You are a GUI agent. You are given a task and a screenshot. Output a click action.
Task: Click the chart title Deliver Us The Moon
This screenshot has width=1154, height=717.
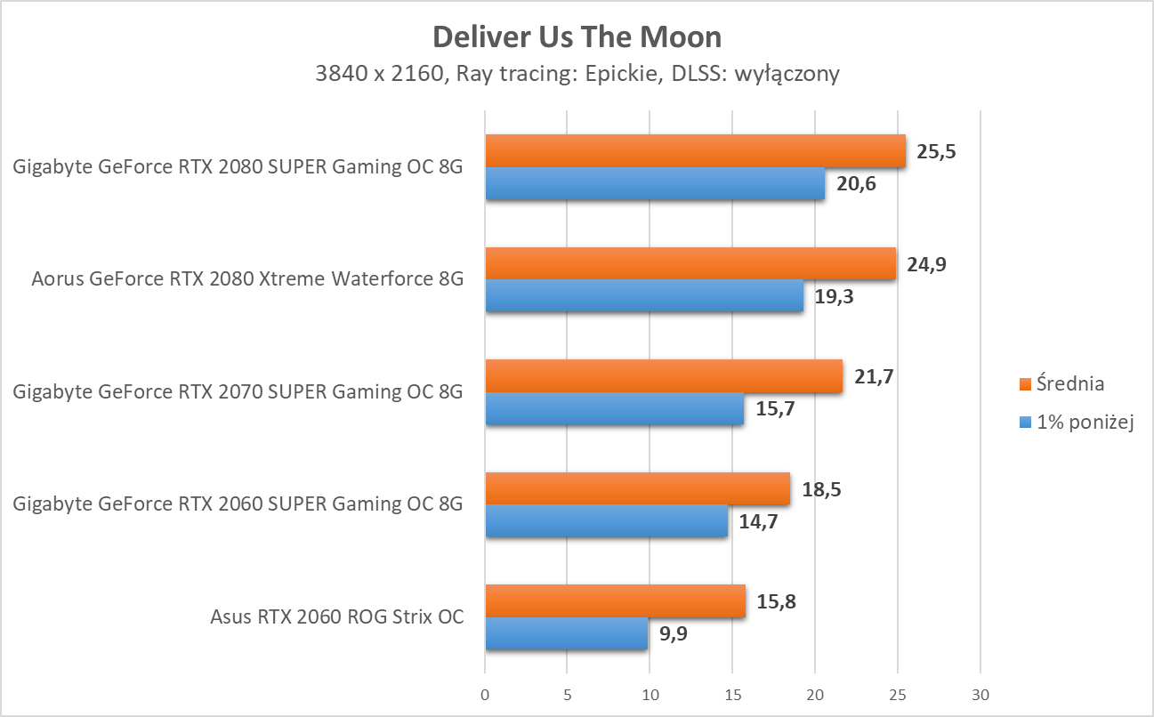[x=577, y=37]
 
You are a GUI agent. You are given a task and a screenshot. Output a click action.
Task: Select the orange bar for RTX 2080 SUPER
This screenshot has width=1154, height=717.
[x=695, y=151]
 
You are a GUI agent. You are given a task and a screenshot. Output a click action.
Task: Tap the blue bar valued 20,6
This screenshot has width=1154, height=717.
[x=655, y=183]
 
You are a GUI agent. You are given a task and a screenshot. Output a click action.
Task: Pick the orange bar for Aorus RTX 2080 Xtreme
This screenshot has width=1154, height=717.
[x=690, y=264]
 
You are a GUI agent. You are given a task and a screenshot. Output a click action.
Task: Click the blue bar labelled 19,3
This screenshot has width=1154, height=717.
[x=644, y=296]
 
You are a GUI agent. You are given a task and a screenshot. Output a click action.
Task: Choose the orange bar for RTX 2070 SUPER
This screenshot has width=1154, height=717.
[x=664, y=376]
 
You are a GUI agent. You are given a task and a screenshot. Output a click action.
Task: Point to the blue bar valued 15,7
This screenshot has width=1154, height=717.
[x=614, y=409]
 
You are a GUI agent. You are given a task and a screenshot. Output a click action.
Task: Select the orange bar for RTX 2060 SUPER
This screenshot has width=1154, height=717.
[x=637, y=489]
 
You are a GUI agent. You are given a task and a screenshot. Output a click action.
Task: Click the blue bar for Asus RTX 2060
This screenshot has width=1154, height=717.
[x=566, y=634]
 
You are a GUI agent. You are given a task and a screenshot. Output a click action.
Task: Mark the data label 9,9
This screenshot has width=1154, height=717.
[x=673, y=634]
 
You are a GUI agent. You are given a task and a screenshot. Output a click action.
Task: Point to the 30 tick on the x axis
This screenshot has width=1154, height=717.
[x=980, y=694]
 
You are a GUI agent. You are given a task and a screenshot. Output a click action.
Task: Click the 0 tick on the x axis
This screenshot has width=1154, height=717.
[x=485, y=694]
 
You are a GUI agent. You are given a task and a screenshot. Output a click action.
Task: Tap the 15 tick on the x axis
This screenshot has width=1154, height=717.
[x=732, y=694]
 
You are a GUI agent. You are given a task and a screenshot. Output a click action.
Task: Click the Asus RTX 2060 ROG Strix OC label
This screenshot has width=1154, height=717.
[x=337, y=616]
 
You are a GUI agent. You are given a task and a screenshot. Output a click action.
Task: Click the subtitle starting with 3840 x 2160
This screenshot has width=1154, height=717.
[x=577, y=74]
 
